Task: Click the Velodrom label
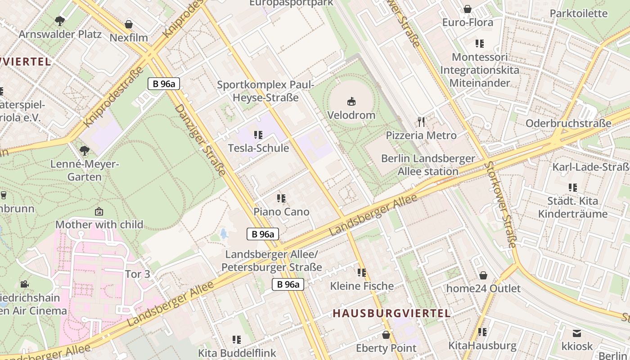click(x=351, y=115)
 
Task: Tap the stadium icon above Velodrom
click(x=351, y=102)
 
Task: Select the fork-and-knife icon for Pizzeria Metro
click(x=421, y=121)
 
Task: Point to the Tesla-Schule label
click(x=258, y=148)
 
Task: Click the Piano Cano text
click(x=281, y=211)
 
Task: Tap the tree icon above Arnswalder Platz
click(x=59, y=21)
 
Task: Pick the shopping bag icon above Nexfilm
click(x=129, y=24)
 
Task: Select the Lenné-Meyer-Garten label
click(x=84, y=171)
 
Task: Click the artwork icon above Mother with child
click(x=99, y=211)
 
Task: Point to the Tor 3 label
click(x=137, y=274)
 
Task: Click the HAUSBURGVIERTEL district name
click(x=391, y=314)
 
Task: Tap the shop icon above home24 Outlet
click(x=483, y=275)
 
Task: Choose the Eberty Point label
click(x=386, y=348)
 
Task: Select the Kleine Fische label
click(x=362, y=286)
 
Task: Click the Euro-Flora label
click(x=468, y=22)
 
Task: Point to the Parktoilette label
click(x=579, y=13)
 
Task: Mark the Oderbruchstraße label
click(x=568, y=123)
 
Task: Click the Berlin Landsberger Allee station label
click(x=428, y=165)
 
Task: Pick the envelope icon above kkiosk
click(x=577, y=333)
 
